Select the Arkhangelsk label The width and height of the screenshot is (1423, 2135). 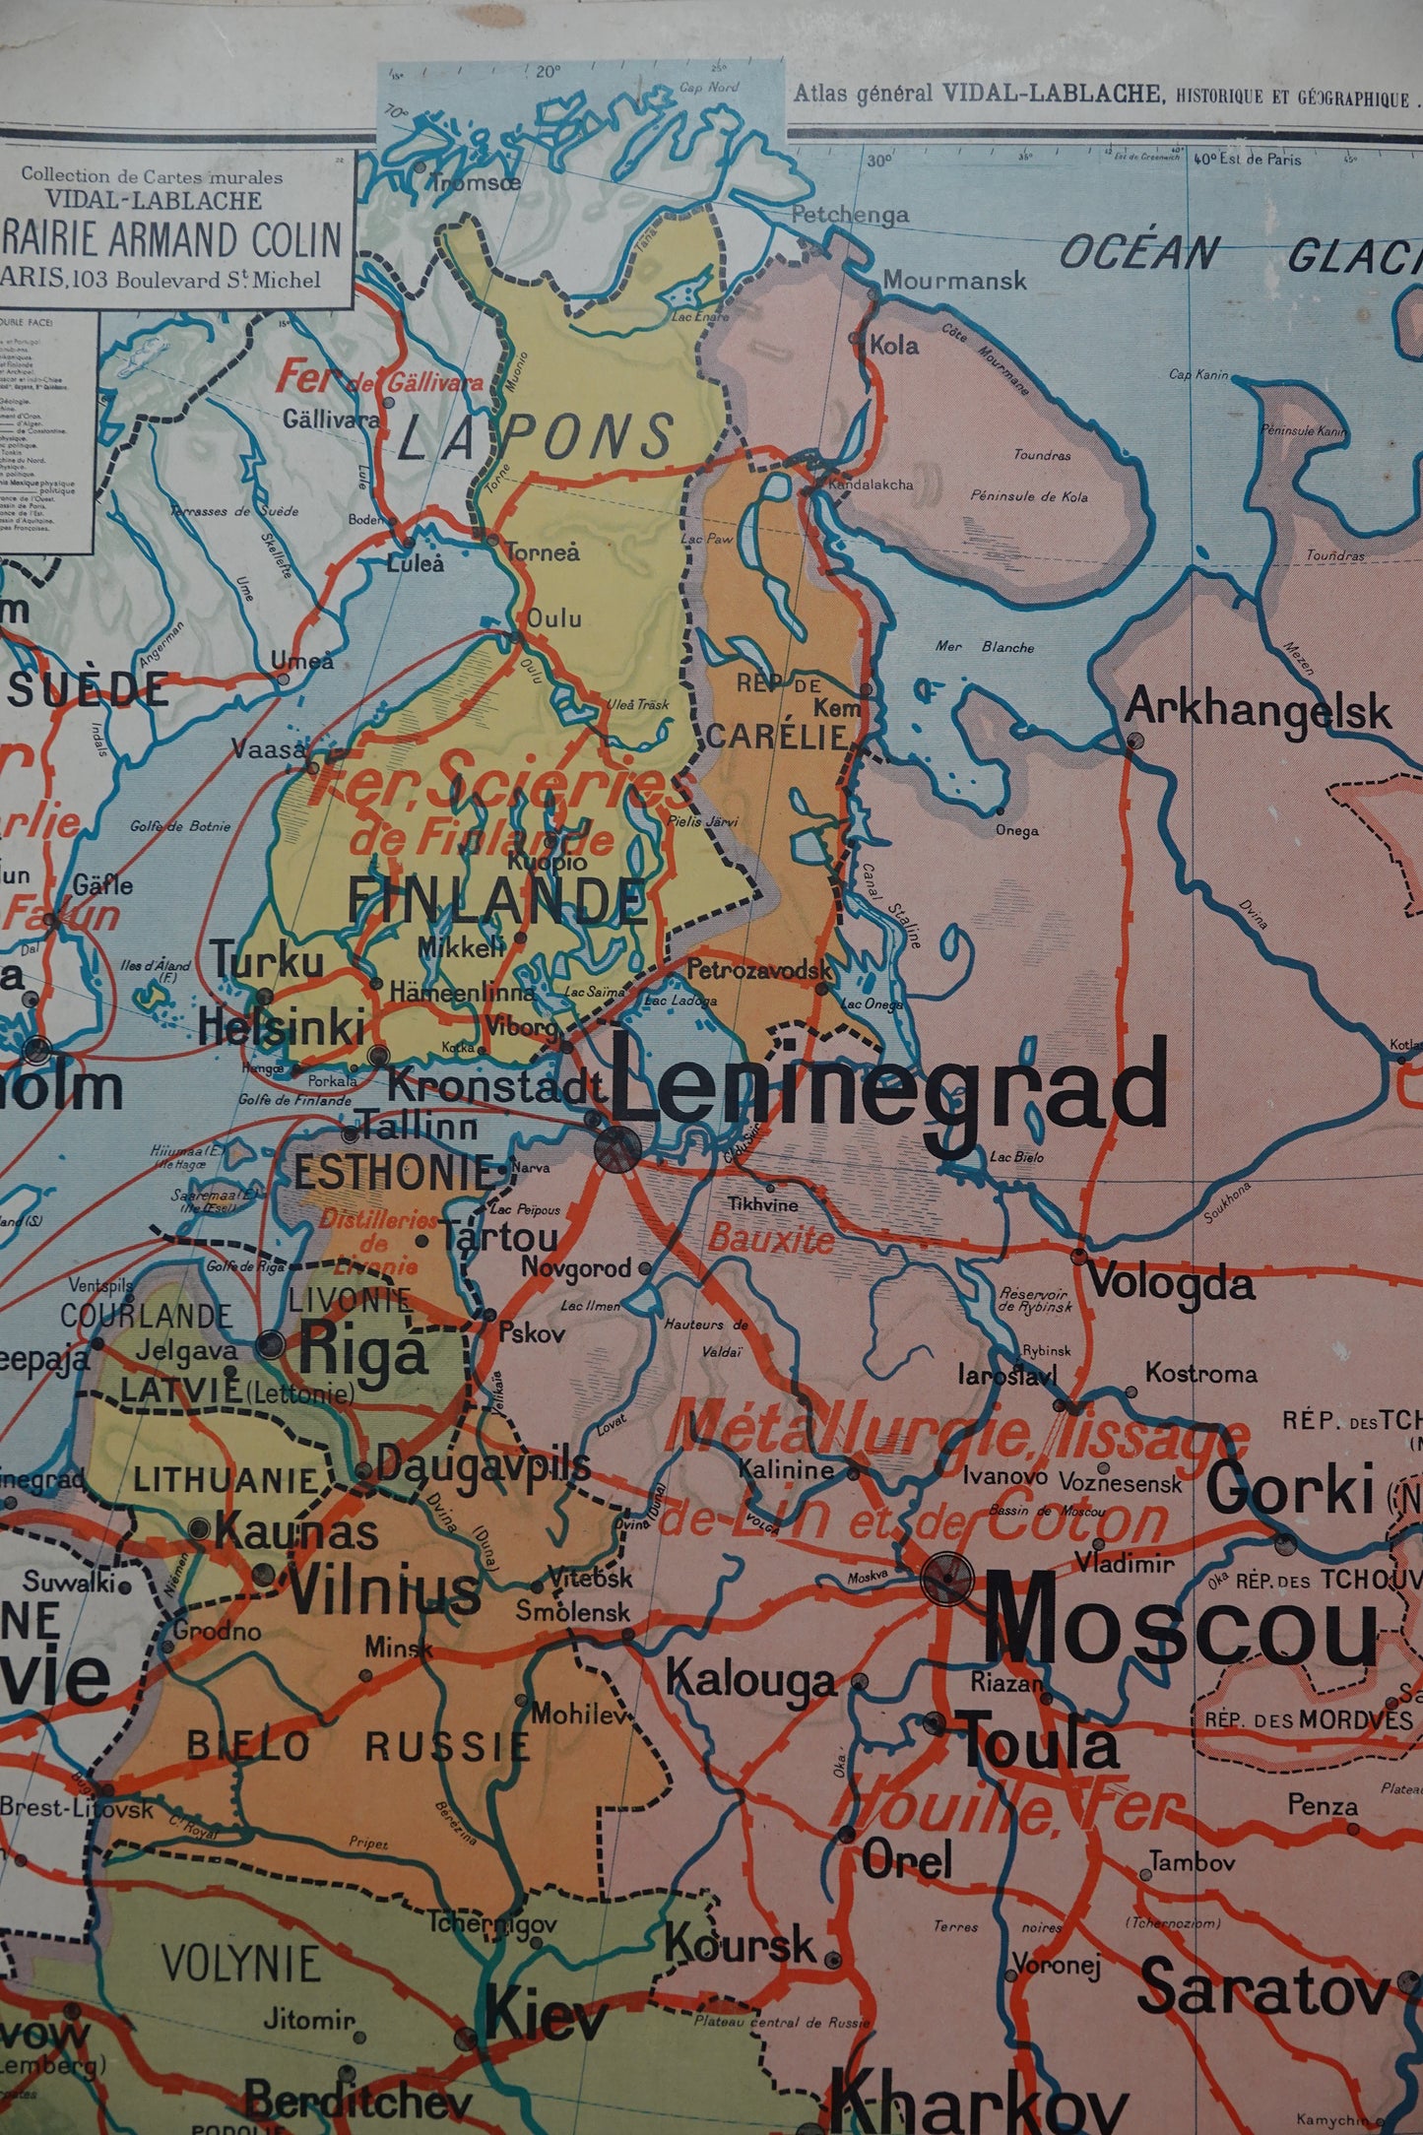click(1258, 709)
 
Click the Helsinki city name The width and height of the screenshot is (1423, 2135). click(281, 1027)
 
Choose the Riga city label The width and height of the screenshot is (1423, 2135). click(362, 1351)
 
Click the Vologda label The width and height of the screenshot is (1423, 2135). click(1170, 1283)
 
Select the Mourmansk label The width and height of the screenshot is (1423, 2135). click(953, 280)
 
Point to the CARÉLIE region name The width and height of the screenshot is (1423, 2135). click(778, 736)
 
